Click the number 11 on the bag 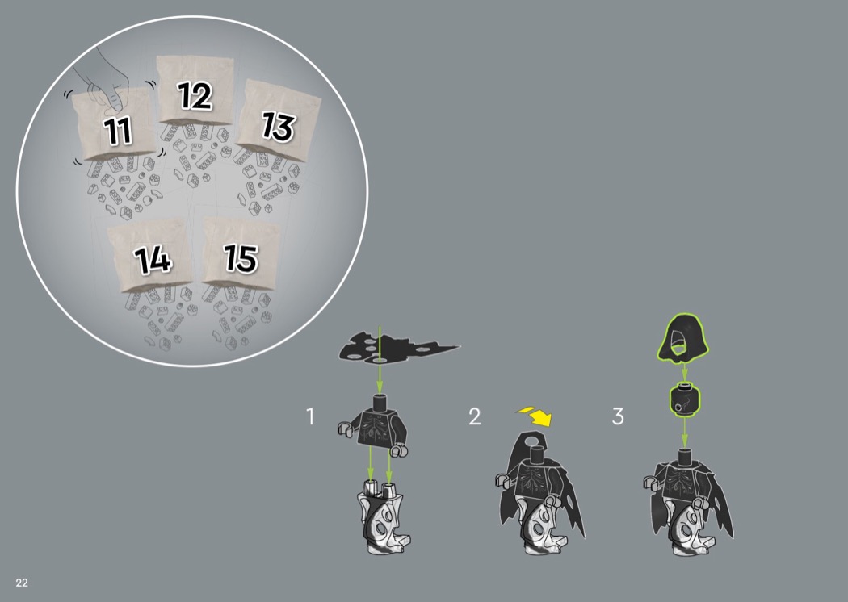[118, 130]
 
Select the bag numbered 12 [195, 90]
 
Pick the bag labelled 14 [151, 254]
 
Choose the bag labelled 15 [241, 252]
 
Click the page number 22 [22, 583]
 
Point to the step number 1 [310, 416]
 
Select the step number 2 [474, 416]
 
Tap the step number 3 [618, 416]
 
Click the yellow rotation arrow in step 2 [535, 416]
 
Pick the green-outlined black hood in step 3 [682, 338]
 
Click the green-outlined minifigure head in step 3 [685, 399]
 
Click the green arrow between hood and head [684, 372]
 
